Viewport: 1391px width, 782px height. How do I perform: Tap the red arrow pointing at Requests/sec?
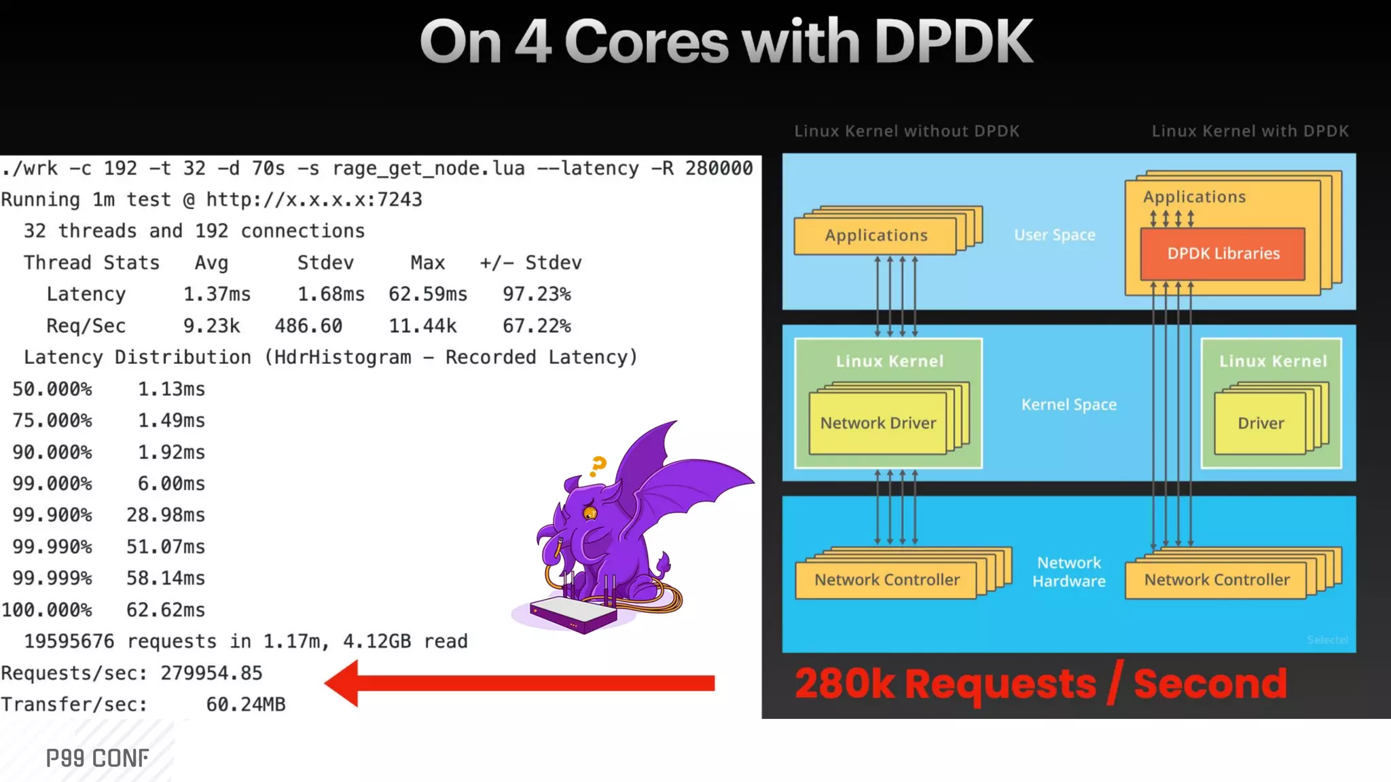tap(520, 683)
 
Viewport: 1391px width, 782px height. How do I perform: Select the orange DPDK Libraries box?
tap(1223, 254)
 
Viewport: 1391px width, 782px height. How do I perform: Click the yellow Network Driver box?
tap(878, 424)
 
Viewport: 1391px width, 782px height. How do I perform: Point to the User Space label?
tap(1054, 235)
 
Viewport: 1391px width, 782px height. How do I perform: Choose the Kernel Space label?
tap(1068, 405)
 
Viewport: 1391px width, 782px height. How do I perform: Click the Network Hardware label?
tap(1068, 572)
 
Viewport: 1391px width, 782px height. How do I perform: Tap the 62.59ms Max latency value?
tap(428, 295)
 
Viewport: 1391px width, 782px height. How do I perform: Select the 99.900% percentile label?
tap(52, 515)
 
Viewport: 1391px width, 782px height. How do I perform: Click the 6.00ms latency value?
tap(171, 484)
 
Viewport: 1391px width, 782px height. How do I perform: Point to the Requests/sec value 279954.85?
tap(211, 673)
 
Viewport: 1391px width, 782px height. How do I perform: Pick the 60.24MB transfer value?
tap(245, 705)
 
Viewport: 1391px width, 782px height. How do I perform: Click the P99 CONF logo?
tap(97, 758)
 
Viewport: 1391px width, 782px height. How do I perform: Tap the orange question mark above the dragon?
tap(598, 465)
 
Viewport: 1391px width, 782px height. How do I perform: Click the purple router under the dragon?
tap(574, 614)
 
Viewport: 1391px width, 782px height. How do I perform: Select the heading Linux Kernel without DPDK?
tap(907, 131)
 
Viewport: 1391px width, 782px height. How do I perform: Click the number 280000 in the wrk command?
tap(719, 168)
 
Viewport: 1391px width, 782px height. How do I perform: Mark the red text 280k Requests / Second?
tap(1041, 684)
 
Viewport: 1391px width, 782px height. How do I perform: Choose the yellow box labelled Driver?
tap(1261, 424)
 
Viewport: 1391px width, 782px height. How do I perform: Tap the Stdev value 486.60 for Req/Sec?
tap(308, 327)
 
